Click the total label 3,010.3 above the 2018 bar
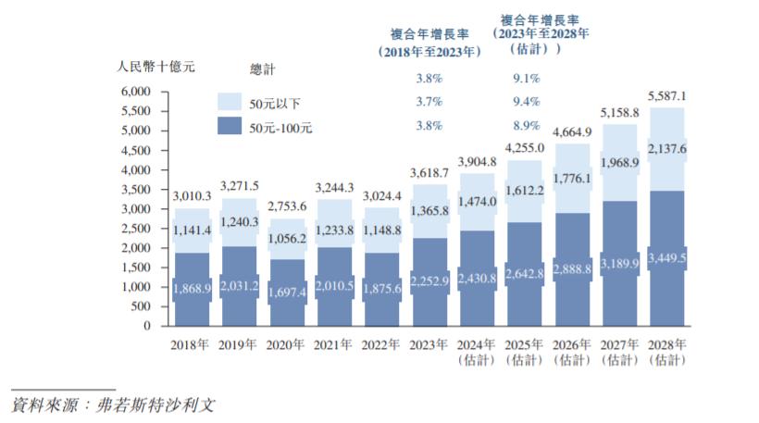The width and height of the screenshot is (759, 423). click(193, 196)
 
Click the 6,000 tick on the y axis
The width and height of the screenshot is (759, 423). click(135, 93)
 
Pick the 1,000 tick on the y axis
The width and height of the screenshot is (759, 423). click(135, 288)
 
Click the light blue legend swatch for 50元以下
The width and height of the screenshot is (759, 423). click(231, 102)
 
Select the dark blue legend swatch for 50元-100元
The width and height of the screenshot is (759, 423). click(231, 129)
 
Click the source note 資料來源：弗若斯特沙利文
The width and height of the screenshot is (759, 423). click(115, 404)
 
